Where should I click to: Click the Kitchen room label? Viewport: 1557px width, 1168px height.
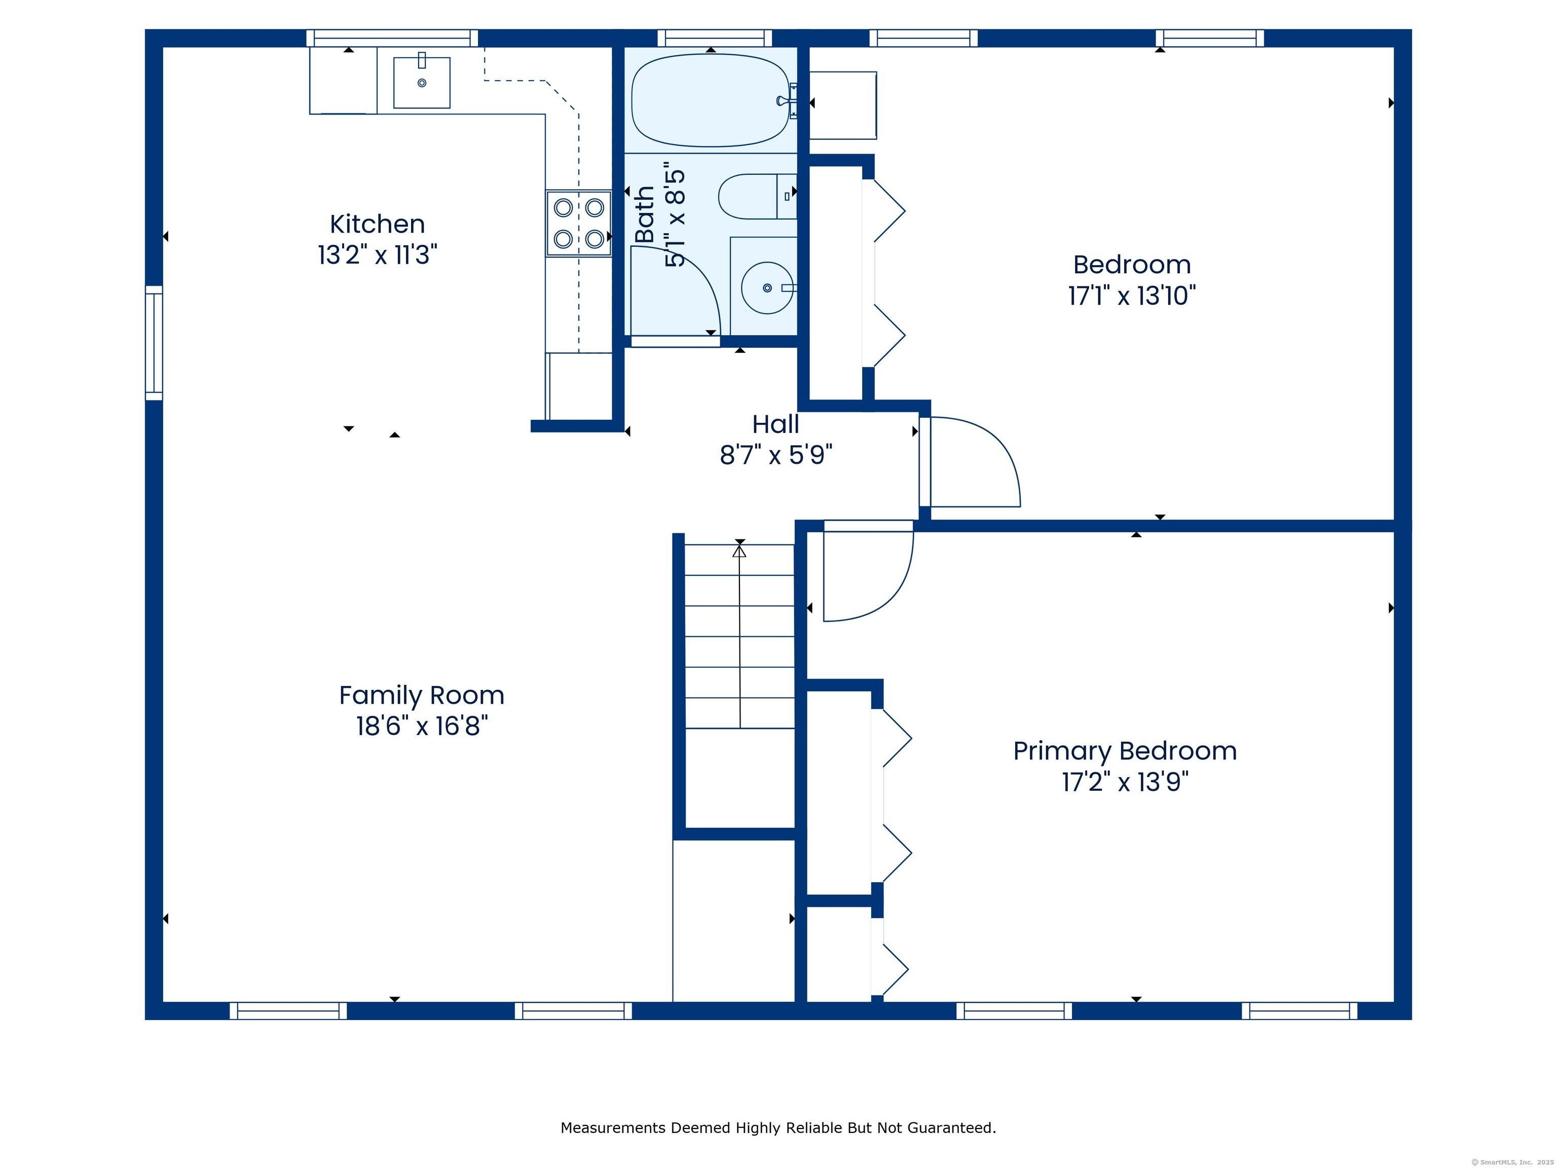coord(377,224)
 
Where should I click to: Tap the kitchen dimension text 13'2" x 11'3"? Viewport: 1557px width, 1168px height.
coord(377,254)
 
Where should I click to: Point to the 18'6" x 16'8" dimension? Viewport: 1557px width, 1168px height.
coord(422,725)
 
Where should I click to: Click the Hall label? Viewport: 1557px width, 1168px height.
coord(775,424)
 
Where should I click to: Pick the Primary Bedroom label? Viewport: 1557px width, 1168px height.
coord(1125,752)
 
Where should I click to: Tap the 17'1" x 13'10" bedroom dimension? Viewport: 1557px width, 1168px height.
coord(1132,295)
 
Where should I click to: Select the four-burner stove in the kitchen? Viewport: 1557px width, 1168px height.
coord(579,223)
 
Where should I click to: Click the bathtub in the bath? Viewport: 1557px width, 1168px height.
coord(711,100)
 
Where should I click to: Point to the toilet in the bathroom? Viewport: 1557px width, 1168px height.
coord(757,196)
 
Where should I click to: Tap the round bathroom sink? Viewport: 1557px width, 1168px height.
coord(767,288)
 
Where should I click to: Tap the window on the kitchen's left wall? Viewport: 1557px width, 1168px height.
coord(154,343)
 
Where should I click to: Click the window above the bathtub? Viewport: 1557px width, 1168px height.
coord(715,38)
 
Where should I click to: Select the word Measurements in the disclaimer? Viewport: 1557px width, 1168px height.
coord(614,1128)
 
